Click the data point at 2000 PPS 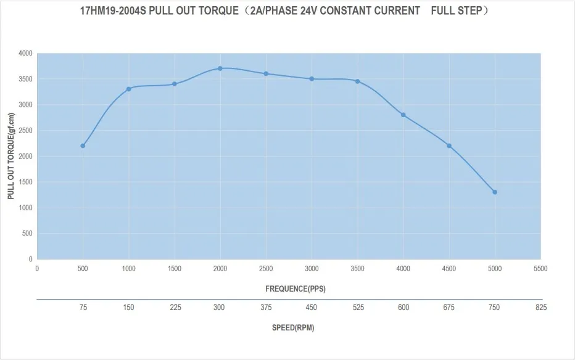coord(220,68)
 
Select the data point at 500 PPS coord(83,145)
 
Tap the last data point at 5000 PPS coord(495,192)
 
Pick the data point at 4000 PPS coord(403,115)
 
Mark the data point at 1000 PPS coord(128,89)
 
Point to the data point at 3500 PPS coord(357,81)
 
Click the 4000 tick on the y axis coord(26,54)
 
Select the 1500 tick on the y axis coord(26,182)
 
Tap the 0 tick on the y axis coord(30,259)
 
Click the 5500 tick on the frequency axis coord(540,269)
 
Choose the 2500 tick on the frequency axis coord(266,269)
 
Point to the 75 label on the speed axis coord(83,308)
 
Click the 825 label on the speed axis coord(540,308)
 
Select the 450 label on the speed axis coord(312,308)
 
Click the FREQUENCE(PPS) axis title coord(295,288)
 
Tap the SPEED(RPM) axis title coord(293,327)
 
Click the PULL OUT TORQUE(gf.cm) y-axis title coord(10,156)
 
